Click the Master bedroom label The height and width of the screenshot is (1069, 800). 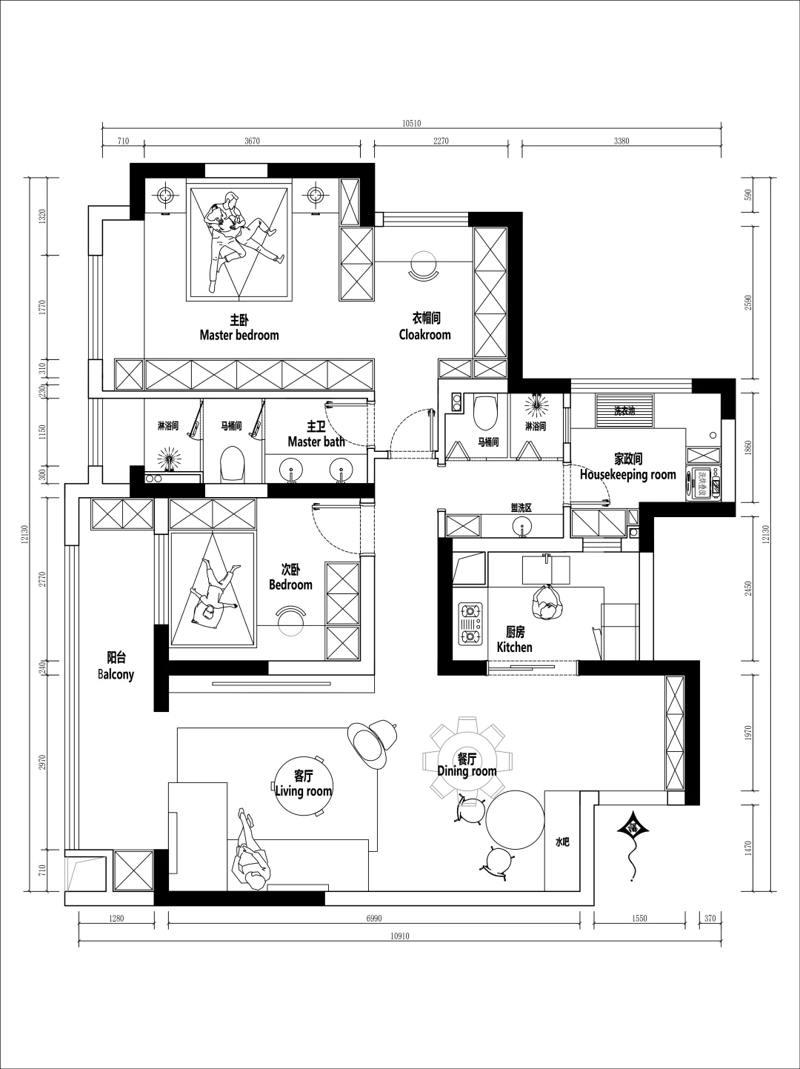(239, 335)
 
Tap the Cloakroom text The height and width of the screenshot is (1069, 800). (424, 334)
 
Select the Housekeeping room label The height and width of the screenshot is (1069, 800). (628, 474)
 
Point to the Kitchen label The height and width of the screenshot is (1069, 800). (514, 647)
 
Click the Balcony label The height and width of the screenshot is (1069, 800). (116, 674)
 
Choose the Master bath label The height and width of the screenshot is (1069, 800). (316, 442)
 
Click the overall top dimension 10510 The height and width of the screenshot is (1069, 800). (411, 124)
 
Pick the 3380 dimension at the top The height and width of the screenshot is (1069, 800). (621, 141)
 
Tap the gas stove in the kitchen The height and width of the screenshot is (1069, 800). (470, 625)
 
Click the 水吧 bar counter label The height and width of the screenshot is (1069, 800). (562, 842)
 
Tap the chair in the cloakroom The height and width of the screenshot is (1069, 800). (424, 267)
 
